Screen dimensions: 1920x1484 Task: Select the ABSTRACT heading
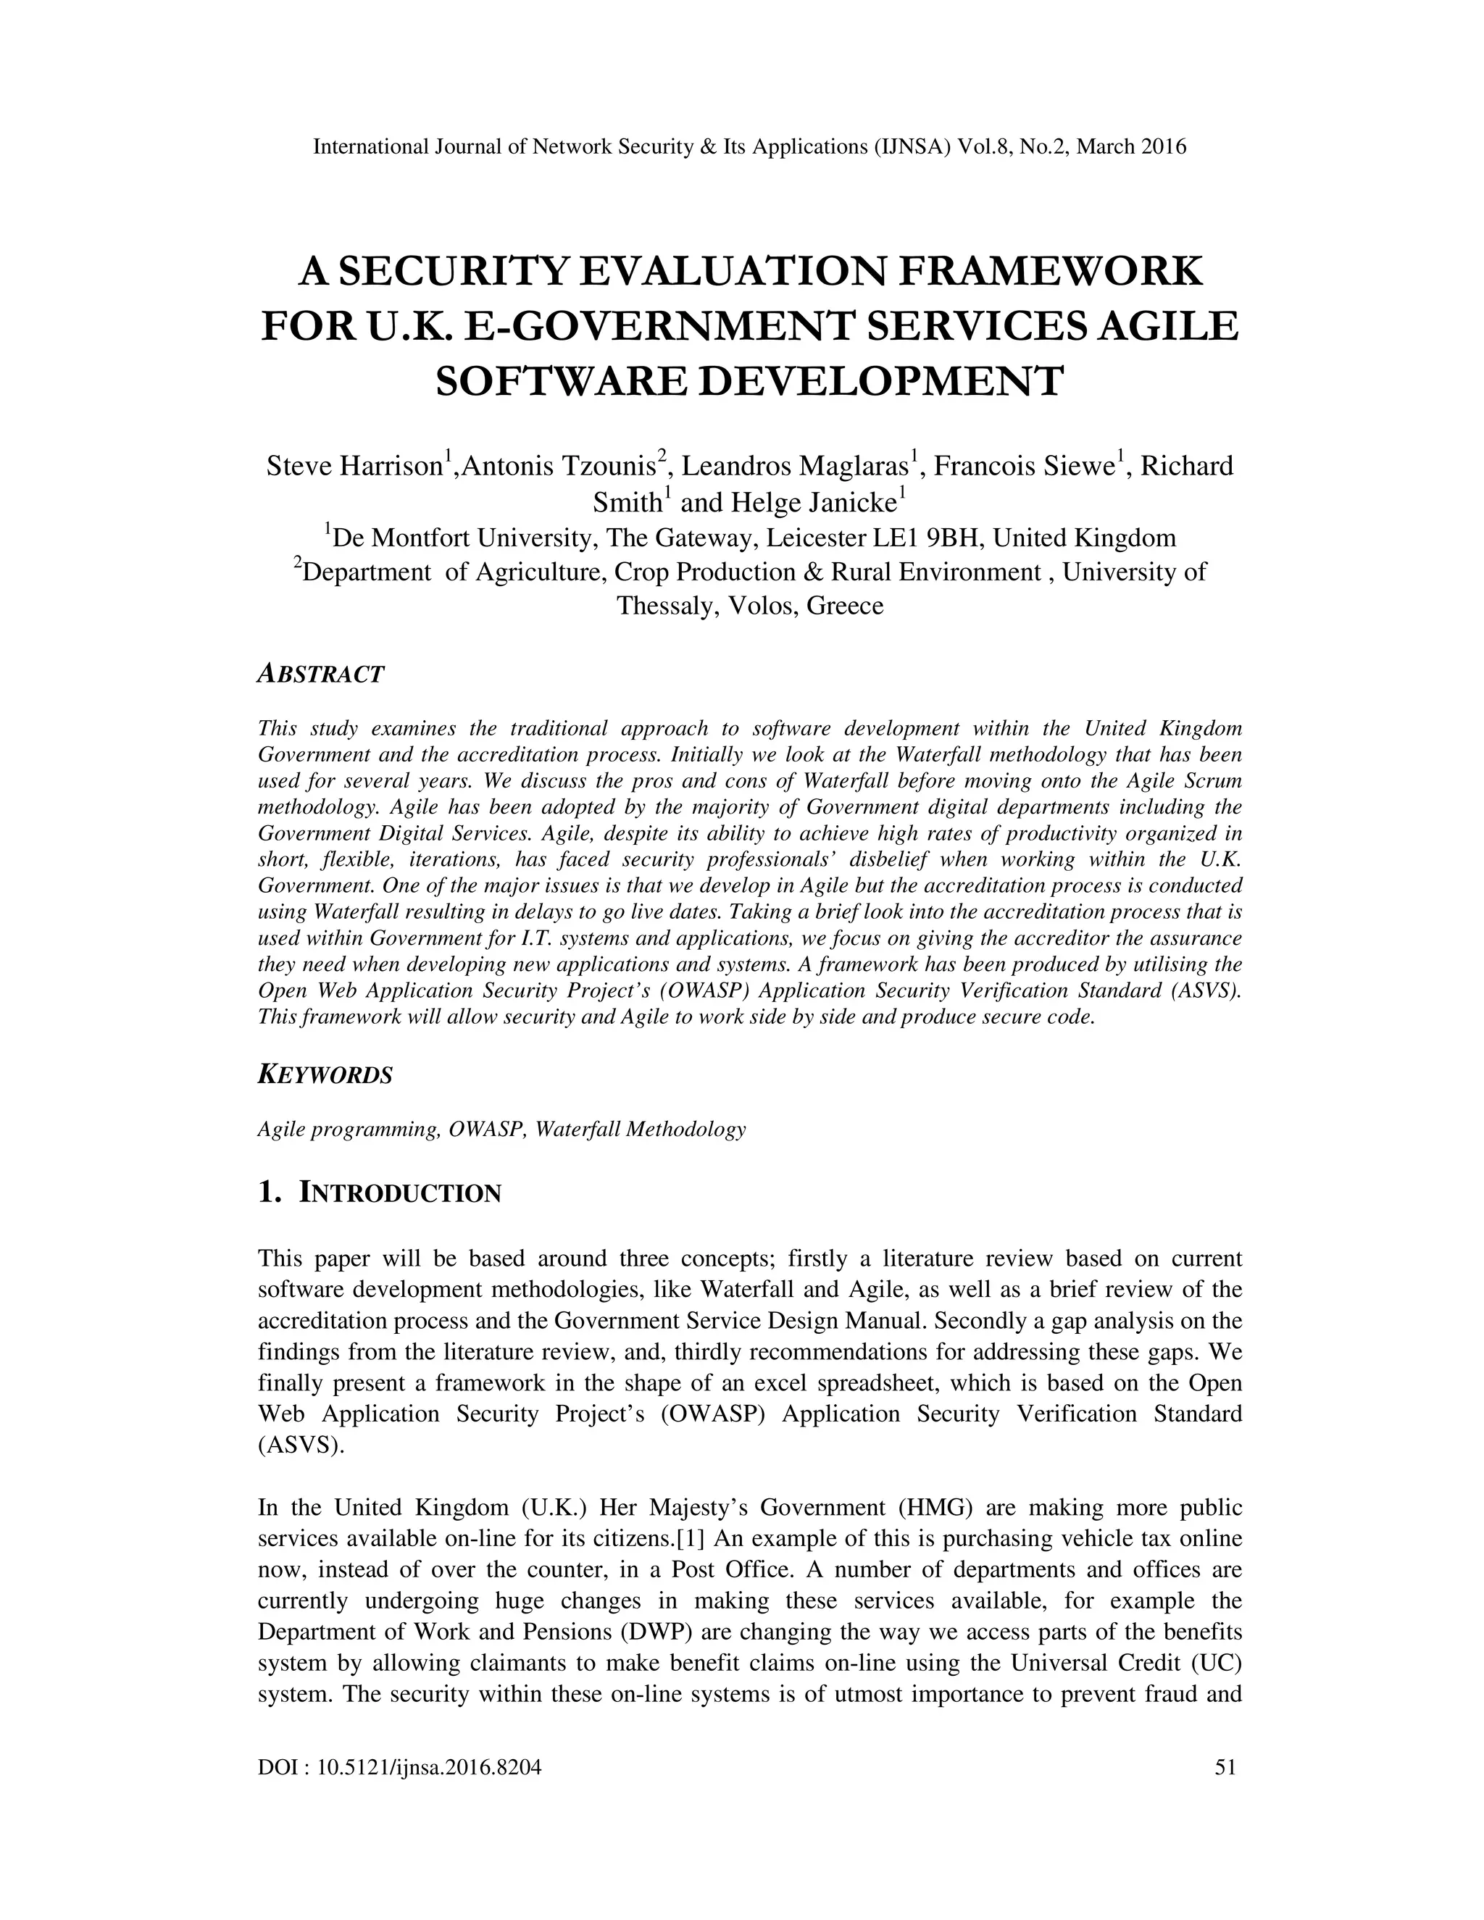(x=321, y=675)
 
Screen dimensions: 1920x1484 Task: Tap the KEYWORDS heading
(x=325, y=1075)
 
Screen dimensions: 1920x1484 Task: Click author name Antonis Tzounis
(x=559, y=466)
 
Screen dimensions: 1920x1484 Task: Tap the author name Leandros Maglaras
(x=796, y=466)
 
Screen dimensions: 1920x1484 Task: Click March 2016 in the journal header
(x=1130, y=147)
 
